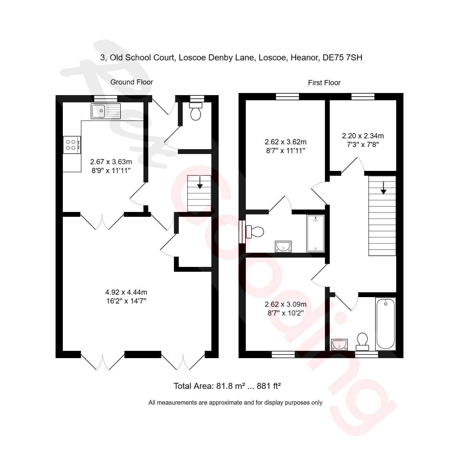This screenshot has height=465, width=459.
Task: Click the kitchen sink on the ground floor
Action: point(105,111)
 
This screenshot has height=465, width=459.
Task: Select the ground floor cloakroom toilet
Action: point(196,111)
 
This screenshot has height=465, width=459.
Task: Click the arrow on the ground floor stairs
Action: point(200,183)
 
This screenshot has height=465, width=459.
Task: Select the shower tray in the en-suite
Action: point(315,233)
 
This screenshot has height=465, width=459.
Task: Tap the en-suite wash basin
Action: point(283,246)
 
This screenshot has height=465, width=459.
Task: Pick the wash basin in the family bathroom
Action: point(339,344)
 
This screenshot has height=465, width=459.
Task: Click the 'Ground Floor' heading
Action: point(131,82)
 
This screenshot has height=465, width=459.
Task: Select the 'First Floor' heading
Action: point(324,83)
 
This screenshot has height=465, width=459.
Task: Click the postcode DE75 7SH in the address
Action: point(342,58)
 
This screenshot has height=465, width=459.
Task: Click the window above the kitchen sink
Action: point(105,98)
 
